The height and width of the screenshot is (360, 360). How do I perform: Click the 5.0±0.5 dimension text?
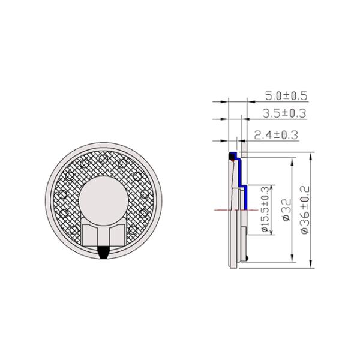[x=286, y=96]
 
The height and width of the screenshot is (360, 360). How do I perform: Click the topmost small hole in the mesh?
[x=104, y=158]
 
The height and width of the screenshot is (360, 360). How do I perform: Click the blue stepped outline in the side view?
[x=238, y=174]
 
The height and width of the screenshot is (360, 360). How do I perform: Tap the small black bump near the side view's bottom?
[x=248, y=258]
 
